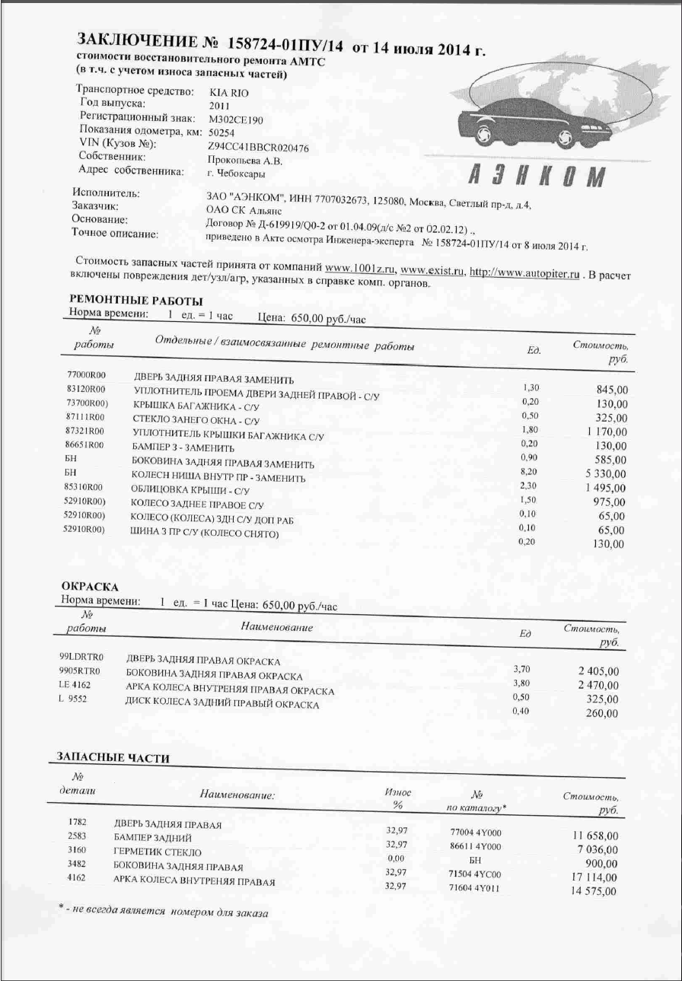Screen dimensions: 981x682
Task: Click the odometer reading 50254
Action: point(221,133)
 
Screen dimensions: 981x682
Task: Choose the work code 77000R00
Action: point(85,375)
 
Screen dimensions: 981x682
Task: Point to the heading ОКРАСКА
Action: point(89,587)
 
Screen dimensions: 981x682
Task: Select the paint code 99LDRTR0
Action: point(81,656)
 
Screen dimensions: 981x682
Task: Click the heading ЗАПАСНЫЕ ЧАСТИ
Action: point(113,757)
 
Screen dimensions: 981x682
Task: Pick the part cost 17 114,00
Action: point(594,877)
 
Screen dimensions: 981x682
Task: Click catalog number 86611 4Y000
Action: point(476,846)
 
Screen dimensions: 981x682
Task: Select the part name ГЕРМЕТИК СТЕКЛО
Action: point(158,852)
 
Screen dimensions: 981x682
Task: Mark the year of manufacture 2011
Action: point(218,106)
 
